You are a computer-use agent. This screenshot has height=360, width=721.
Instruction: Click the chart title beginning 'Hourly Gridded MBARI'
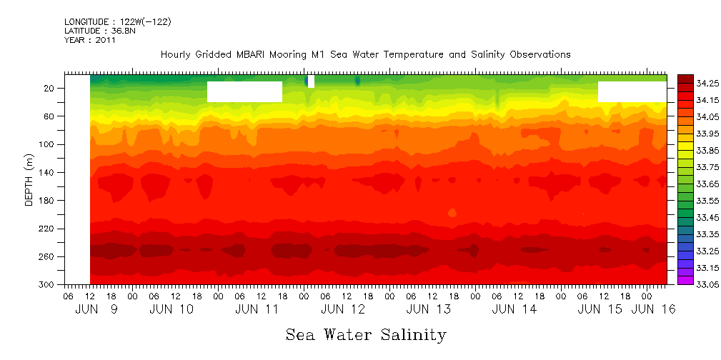(365, 55)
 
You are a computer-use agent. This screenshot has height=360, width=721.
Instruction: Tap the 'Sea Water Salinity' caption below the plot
(366, 334)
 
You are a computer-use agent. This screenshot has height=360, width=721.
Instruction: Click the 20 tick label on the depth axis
(50, 89)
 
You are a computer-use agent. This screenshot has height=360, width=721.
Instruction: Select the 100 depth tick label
(48, 144)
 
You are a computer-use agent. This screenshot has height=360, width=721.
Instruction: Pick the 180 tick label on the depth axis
(48, 201)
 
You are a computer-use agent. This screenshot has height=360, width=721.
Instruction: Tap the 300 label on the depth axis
(48, 285)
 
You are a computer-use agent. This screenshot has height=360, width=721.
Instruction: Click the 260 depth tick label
(48, 256)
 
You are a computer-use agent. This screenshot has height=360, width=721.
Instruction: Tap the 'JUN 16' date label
(646, 309)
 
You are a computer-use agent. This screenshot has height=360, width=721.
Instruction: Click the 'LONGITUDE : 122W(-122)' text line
(117, 22)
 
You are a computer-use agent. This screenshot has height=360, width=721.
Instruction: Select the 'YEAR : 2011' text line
(90, 40)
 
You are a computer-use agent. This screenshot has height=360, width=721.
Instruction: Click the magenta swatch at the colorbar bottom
(685, 280)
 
